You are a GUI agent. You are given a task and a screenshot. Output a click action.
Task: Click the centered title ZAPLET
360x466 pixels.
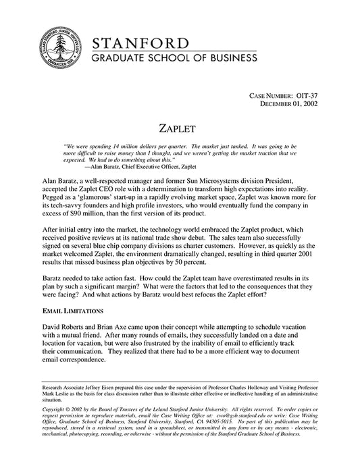tap(179, 128)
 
